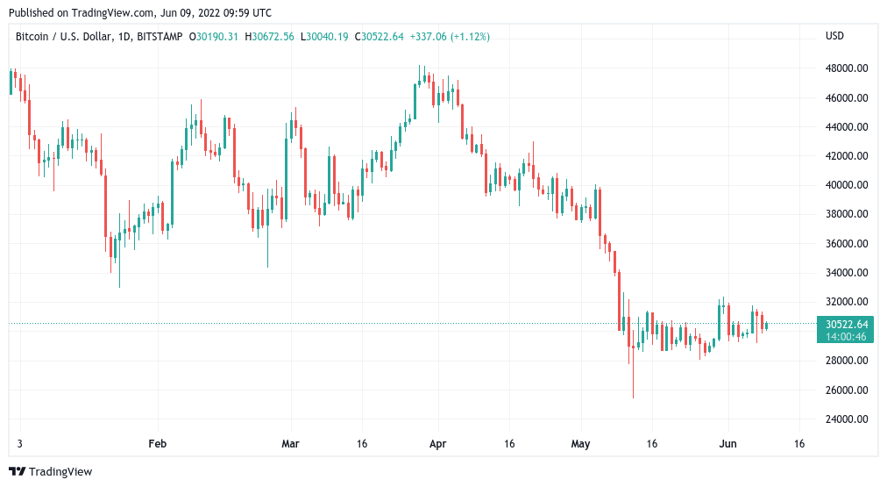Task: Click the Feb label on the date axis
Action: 157,444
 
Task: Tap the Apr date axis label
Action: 438,444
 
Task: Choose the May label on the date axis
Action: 581,444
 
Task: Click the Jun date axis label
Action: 728,444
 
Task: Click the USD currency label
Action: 834,36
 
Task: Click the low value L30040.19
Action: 324,36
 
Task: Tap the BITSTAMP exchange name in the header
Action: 163,36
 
